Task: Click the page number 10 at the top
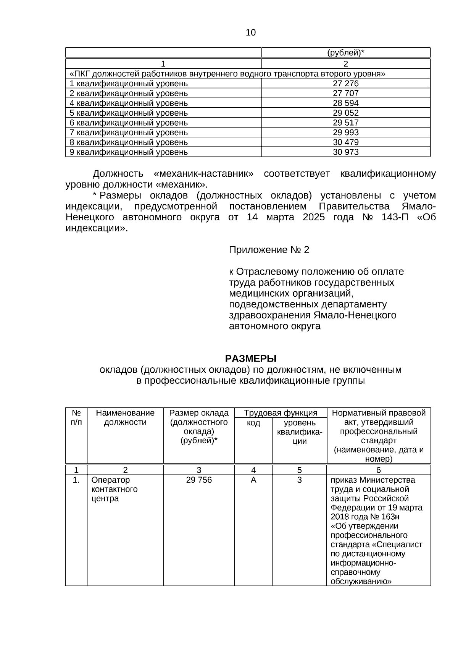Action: click(251, 33)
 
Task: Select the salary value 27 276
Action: click(346, 84)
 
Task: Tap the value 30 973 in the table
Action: click(346, 152)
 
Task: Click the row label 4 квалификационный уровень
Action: click(129, 103)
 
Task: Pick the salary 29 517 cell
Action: click(346, 123)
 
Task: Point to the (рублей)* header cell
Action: click(346, 53)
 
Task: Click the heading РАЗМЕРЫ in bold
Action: click(250, 359)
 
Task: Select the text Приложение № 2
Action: click(269, 250)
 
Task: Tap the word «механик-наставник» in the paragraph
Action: click(203, 174)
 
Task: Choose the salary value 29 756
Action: click(199, 480)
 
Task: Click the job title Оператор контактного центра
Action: click(114, 489)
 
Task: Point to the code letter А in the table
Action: click(253, 480)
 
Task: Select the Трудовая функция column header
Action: click(281, 413)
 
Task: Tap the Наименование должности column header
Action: click(125, 417)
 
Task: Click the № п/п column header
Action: click(76, 417)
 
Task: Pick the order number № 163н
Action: click(385, 517)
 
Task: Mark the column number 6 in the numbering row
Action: click(379, 470)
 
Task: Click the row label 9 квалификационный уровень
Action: click(129, 152)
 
